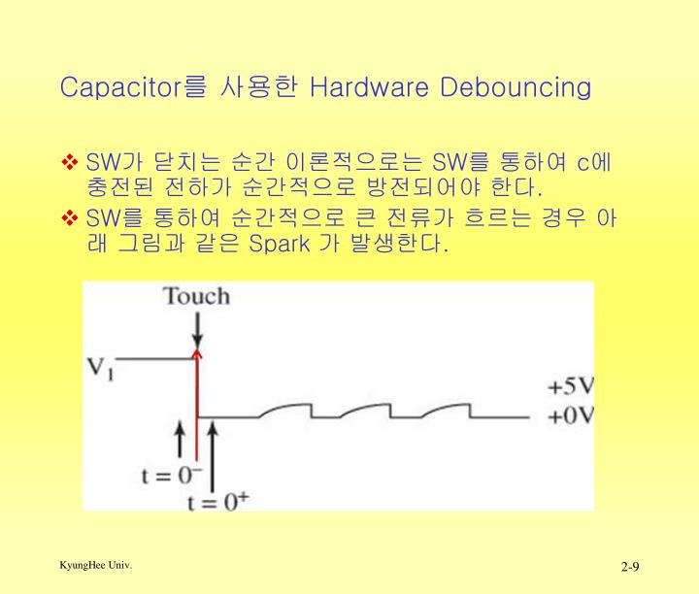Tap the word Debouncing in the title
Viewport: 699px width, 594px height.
coord(516,87)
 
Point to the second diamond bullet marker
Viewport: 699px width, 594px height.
coord(71,218)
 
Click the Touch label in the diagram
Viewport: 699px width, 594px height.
coord(196,296)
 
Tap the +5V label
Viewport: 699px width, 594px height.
coord(570,385)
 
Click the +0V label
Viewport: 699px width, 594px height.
coord(570,416)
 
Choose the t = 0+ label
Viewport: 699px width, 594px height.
coord(218,502)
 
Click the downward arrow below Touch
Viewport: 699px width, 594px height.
coord(197,332)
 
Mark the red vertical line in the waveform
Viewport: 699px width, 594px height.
coord(197,408)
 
